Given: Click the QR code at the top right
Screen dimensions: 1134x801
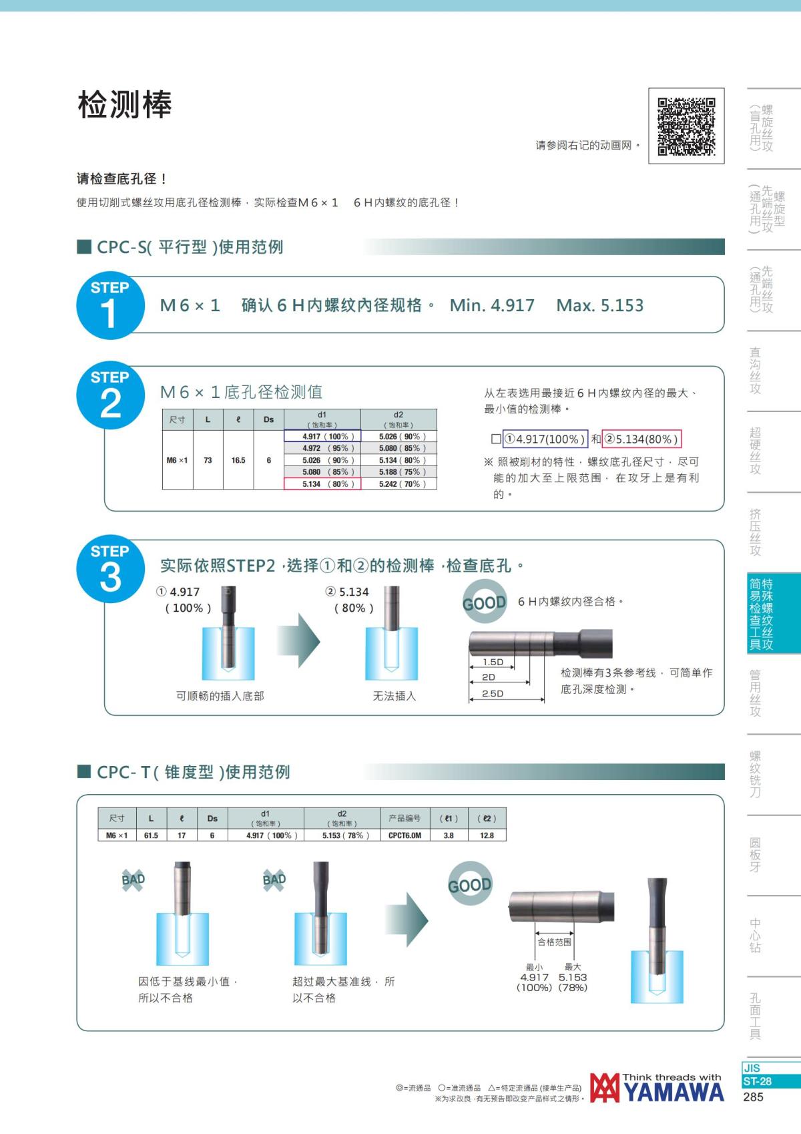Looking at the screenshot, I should [686, 126].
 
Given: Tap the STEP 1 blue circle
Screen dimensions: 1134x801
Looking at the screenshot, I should [110, 305].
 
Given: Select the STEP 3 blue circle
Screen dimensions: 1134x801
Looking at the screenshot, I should [110, 569].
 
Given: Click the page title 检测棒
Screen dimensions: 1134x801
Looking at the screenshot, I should [125, 105].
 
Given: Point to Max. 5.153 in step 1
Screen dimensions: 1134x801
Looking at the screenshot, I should [599, 305].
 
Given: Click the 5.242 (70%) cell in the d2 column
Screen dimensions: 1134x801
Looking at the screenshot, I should [399, 484].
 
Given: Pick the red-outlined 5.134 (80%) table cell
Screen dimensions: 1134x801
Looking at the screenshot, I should [322, 484].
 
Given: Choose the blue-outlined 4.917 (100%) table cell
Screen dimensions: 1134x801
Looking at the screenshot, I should [322, 436].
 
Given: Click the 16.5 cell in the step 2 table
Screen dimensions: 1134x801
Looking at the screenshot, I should [238, 460].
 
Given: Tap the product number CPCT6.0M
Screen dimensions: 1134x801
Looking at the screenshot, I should [405, 835].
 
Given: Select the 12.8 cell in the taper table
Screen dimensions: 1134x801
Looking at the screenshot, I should [487, 835].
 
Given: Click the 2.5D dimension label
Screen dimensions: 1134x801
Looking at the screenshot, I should [493, 693].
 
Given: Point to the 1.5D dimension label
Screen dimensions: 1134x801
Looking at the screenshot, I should [493, 662].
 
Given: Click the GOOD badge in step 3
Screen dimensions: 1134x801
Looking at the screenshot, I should [485, 602].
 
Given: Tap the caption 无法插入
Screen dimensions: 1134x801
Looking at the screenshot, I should [394, 696].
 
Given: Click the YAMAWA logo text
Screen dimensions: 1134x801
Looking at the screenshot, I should [674, 1091].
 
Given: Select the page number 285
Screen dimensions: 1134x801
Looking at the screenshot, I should [753, 1097].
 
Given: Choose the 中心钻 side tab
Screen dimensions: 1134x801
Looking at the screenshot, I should [755, 935].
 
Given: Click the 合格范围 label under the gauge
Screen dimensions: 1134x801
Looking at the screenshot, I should [554, 942].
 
